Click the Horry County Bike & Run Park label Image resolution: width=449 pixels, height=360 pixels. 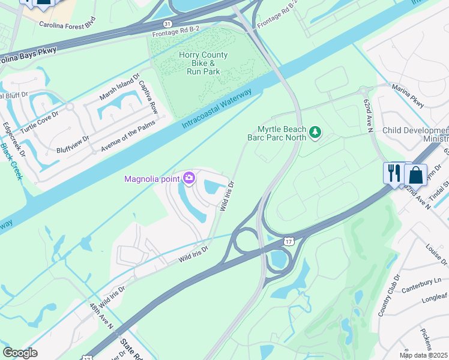click(x=203, y=63)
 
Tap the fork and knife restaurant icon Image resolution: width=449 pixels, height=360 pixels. click(x=393, y=173)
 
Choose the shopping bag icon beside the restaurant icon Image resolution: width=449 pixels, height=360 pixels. click(x=415, y=175)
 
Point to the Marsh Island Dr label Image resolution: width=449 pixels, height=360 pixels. click(x=119, y=88)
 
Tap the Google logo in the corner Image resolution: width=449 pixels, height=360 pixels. click(x=20, y=353)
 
